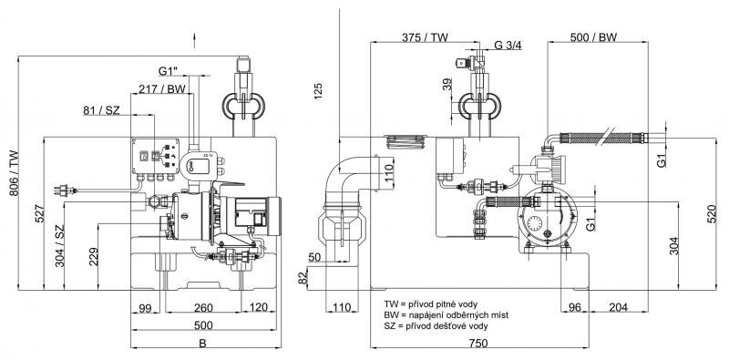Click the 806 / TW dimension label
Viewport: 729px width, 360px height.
tap(14, 173)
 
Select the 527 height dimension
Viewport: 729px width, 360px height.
tap(40, 213)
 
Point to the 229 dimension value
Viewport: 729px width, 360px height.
tap(93, 257)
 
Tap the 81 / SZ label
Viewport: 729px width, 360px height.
tap(101, 110)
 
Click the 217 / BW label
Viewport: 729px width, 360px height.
tap(161, 88)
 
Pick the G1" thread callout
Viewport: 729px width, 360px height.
tap(169, 71)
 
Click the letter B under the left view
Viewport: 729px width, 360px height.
tap(202, 344)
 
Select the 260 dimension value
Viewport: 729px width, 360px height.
tap(203, 307)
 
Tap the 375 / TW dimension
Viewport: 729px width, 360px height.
tap(425, 37)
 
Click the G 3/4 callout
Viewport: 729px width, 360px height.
tap(508, 46)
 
